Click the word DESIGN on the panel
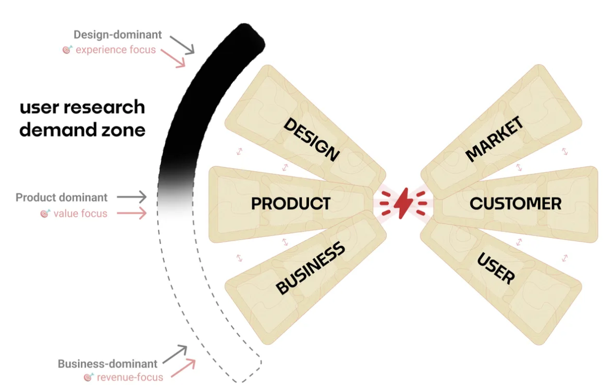click(x=312, y=139)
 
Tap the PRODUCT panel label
click(x=291, y=204)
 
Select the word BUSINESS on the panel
click(x=311, y=268)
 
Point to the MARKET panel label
click(x=494, y=139)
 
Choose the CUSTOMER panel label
click(x=515, y=204)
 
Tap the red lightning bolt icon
click(x=402, y=204)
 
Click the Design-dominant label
click(x=117, y=35)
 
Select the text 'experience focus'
click(x=116, y=50)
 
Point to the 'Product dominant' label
click(x=62, y=198)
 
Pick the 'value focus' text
click(x=80, y=213)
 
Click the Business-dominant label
click(x=107, y=364)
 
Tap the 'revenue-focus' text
click(x=129, y=377)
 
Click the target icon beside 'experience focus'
click(x=67, y=50)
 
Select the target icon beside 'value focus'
click(x=45, y=213)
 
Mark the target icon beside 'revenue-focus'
click(x=88, y=377)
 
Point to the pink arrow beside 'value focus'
click(x=132, y=213)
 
